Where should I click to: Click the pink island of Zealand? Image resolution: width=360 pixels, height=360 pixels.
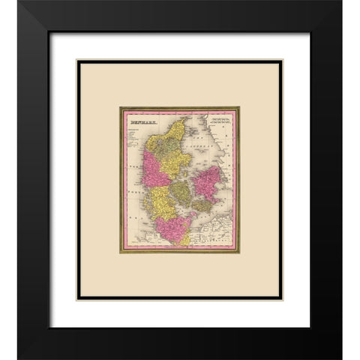click(x=207, y=182)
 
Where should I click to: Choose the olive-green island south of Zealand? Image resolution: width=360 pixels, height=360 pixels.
click(x=203, y=205)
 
